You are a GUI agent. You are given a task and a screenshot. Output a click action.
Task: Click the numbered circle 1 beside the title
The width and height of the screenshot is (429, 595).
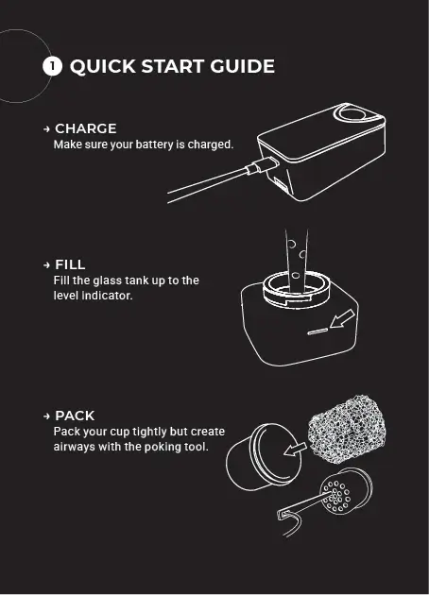pyautogui.click(x=52, y=66)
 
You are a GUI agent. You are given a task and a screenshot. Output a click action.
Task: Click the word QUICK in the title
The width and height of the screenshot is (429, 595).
pyautogui.click(x=103, y=66)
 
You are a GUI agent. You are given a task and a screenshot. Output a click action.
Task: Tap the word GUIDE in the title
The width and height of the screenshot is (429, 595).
pyautogui.click(x=242, y=66)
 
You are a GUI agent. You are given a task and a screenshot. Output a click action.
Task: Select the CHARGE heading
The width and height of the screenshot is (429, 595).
pyautogui.click(x=86, y=128)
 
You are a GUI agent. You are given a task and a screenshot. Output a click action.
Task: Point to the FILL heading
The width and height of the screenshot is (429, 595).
pyautogui.click(x=70, y=264)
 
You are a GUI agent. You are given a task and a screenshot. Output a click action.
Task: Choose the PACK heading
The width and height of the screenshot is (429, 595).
pyautogui.click(x=75, y=416)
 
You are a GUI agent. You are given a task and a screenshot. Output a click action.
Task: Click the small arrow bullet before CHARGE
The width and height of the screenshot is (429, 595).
pyautogui.click(x=46, y=129)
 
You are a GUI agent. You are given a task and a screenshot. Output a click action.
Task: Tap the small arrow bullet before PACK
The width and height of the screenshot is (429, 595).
pyautogui.click(x=46, y=416)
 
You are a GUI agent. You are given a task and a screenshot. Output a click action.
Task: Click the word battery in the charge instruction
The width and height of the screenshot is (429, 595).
pyautogui.click(x=155, y=144)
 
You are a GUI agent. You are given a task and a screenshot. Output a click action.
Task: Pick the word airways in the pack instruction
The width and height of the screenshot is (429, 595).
pyautogui.click(x=75, y=447)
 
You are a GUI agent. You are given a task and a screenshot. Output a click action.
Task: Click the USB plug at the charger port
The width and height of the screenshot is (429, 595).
pyautogui.click(x=262, y=165)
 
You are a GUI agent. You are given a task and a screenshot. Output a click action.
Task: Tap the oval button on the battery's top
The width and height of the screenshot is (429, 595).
pyautogui.click(x=352, y=113)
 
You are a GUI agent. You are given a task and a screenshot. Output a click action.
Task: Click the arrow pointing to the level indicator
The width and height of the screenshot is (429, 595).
pyautogui.click(x=342, y=318)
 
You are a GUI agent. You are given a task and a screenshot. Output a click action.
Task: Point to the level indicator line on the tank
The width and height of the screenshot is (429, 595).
pyautogui.click(x=317, y=332)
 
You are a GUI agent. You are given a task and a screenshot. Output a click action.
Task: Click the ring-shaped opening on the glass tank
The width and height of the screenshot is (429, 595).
pyautogui.click(x=296, y=288)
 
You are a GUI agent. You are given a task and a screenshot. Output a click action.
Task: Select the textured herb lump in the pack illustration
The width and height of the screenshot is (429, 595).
pyautogui.click(x=347, y=427)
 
